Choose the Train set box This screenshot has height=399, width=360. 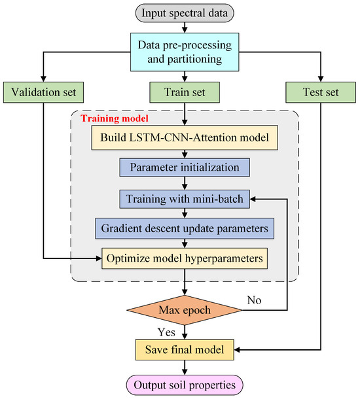click(x=188, y=92)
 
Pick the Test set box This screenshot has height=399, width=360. click(x=321, y=92)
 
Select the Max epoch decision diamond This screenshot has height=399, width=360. click(x=188, y=309)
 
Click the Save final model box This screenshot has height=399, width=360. click(x=188, y=349)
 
